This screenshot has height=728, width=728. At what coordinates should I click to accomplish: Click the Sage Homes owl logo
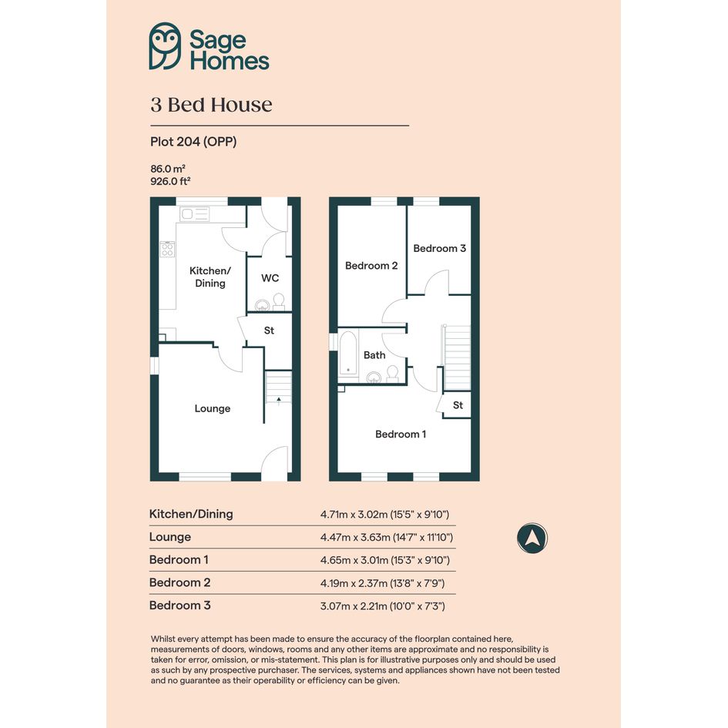click(x=165, y=46)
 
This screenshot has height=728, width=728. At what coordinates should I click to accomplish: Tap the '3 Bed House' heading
click(x=211, y=105)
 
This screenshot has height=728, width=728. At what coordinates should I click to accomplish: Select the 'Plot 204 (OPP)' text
click(x=193, y=142)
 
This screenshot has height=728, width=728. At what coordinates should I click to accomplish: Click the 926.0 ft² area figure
click(x=170, y=181)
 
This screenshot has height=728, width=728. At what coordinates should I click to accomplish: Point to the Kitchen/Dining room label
click(x=210, y=277)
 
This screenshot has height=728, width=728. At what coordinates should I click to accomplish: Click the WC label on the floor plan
click(x=270, y=278)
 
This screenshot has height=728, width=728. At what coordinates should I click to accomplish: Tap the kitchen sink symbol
click(x=195, y=214)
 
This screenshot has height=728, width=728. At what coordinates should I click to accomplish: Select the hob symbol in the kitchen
click(x=167, y=249)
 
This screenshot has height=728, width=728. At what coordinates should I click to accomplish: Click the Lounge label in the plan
click(x=212, y=408)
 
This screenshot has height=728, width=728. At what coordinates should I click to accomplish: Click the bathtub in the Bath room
click(x=348, y=352)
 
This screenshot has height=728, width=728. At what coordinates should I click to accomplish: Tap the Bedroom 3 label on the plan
click(x=439, y=248)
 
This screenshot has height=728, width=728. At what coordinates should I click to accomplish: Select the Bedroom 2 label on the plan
click(x=371, y=266)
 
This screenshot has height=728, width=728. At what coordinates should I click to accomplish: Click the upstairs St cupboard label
click(x=458, y=405)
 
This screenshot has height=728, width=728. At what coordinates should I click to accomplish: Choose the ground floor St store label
click(x=269, y=330)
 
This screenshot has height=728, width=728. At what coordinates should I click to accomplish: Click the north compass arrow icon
click(x=532, y=538)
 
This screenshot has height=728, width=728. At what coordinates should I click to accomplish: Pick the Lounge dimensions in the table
click(x=386, y=537)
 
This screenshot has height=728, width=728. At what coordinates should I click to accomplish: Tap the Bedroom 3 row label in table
click(x=179, y=606)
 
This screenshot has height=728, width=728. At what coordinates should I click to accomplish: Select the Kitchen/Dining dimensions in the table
click(x=384, y=515)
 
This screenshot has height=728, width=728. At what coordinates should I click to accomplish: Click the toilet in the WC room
click(x=279, y=301)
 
